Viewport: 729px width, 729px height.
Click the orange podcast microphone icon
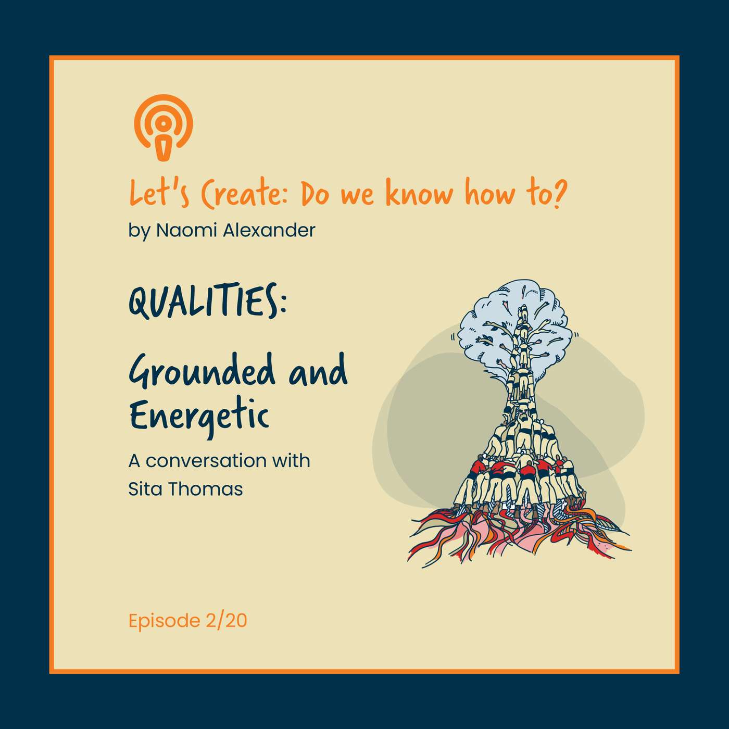[163, 127]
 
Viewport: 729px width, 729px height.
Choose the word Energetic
[199, 417]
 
